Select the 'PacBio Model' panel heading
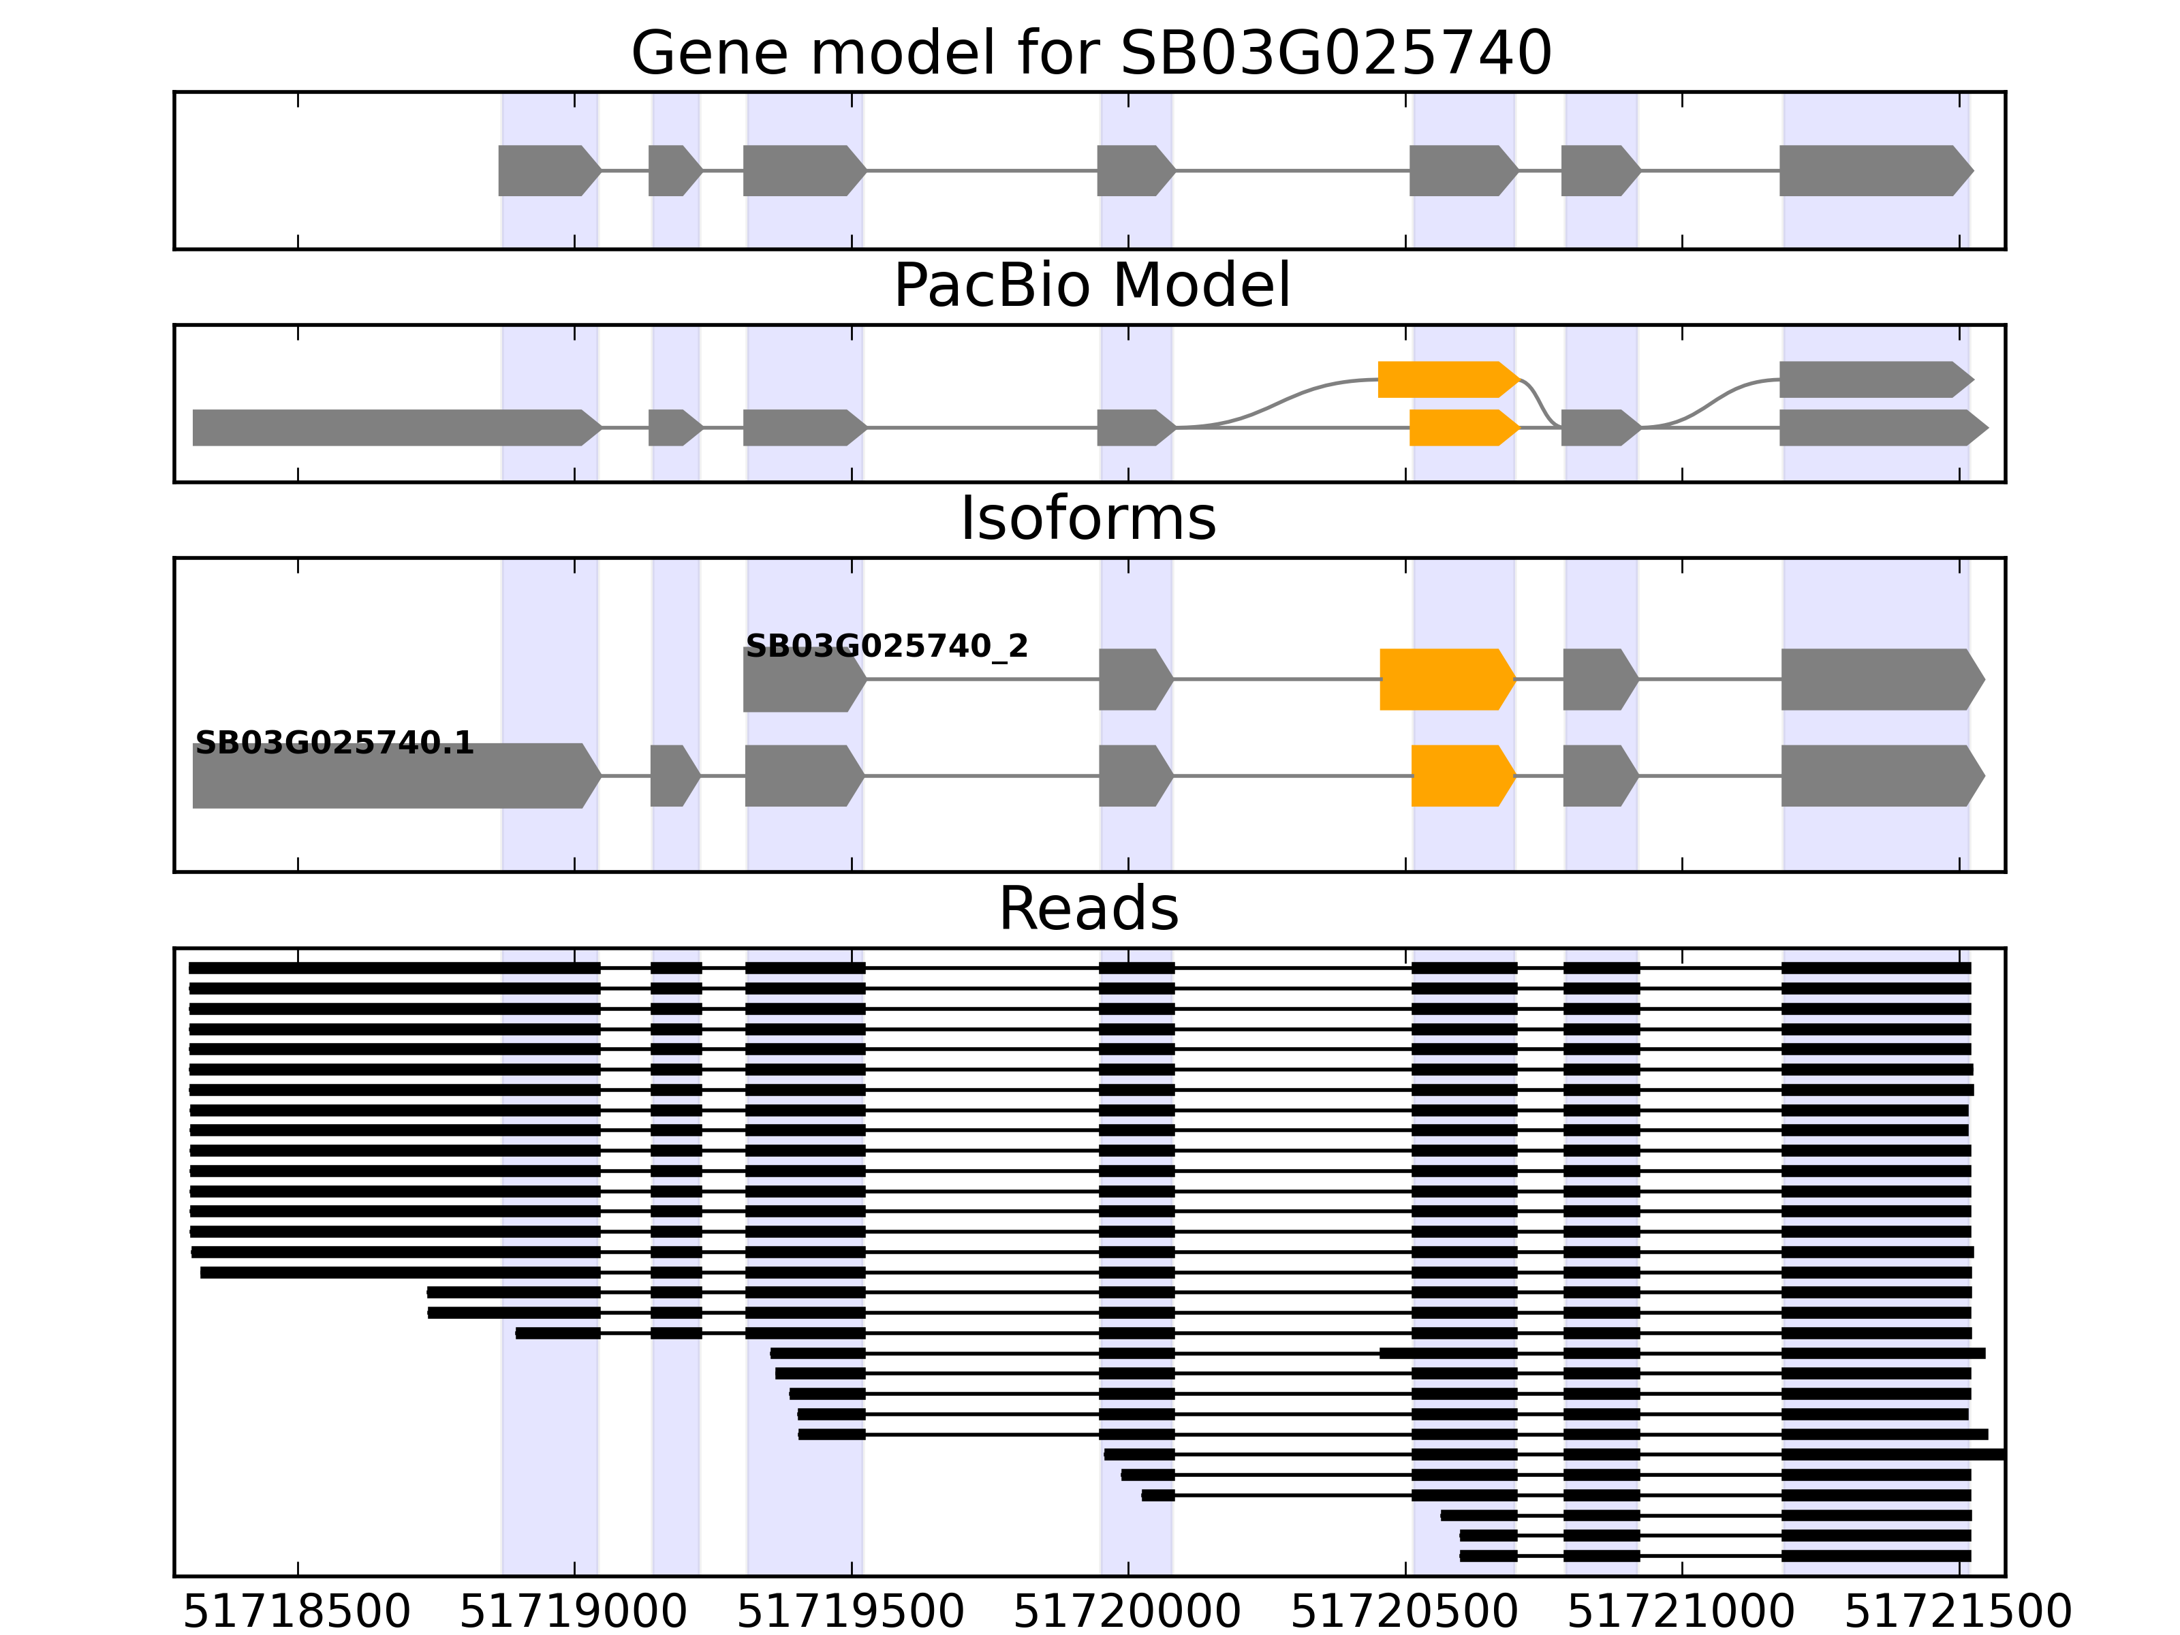pos(1090,286)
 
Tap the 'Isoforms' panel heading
pos(1088,518)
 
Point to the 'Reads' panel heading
pos(1088,909)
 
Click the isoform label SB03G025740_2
pos(886,647)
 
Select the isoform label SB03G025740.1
pos(334,743)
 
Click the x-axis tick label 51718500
pos(296,1613)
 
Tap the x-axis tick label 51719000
pos(574,1613)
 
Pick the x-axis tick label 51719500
pos(850,1613)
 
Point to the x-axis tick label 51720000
pos(1127,1613)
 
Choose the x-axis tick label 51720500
pos(1404,1613)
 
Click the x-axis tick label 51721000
pos(1681,1613)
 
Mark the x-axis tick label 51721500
pos(1959,1613)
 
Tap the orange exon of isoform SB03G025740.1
pos(1461,776)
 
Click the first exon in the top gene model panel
pos(548,170)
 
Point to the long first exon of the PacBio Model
pos(394,428)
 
